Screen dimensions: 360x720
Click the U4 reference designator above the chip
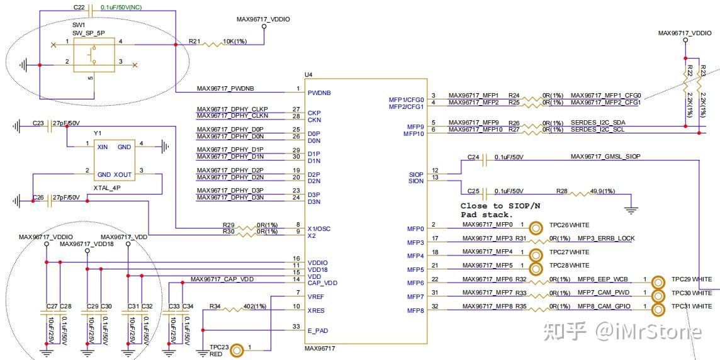(x=308, y=74)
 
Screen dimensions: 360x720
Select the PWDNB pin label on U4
(x=319, y=93)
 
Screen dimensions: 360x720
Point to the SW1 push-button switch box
(x=94, y=55)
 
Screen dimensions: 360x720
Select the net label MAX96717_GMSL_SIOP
(x=605, y=156)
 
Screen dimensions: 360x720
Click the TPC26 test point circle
(x=537, y=228)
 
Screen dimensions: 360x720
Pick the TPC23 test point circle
(x=237, y=350)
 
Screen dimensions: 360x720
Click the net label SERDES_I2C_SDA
(x=599, y=122)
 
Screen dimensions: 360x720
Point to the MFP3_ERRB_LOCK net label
(x=606, y=239)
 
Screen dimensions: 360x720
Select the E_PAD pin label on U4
(x=318, y=330)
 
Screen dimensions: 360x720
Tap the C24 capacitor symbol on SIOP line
(x=485, y=161)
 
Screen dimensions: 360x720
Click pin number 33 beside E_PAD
(x=296, y=326)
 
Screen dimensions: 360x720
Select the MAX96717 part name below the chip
(x=320, y=347)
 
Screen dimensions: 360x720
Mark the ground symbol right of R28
(x=633, y=208)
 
